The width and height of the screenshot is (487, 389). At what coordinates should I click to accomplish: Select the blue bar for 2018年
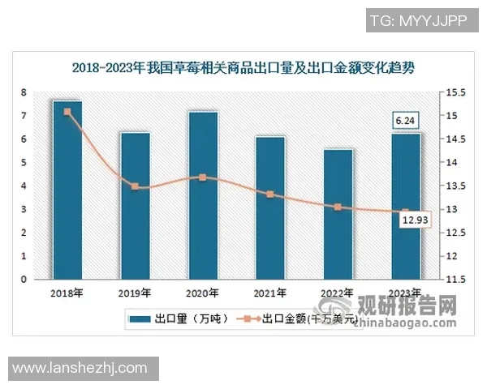point(67,190)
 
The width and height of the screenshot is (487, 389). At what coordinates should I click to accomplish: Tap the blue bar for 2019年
point(135,206)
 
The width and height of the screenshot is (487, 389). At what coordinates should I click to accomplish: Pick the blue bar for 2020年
point(203,195)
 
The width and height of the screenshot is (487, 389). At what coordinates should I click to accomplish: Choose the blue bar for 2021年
point(270,208)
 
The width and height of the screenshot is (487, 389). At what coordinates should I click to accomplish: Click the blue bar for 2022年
point(338,215)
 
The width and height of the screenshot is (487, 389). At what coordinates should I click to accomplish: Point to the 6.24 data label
point(405,122)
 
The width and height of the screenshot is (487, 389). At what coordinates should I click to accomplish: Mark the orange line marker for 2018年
point(67,112)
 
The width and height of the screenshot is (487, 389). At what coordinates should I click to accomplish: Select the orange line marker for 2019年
point(135,186)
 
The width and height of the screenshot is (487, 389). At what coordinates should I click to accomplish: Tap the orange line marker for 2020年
point(203,177)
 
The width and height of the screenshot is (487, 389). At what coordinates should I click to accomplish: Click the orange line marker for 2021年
point(270,194)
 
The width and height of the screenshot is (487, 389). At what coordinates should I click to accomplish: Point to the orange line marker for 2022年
point(338,207)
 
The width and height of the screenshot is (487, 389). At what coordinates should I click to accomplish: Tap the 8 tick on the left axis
point(24,92)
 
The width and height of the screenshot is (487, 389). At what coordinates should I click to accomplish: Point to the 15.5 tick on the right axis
point(455,93)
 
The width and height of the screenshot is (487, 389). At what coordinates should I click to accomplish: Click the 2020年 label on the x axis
point(203,293)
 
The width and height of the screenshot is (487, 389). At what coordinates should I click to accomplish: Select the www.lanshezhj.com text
point(79,368)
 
